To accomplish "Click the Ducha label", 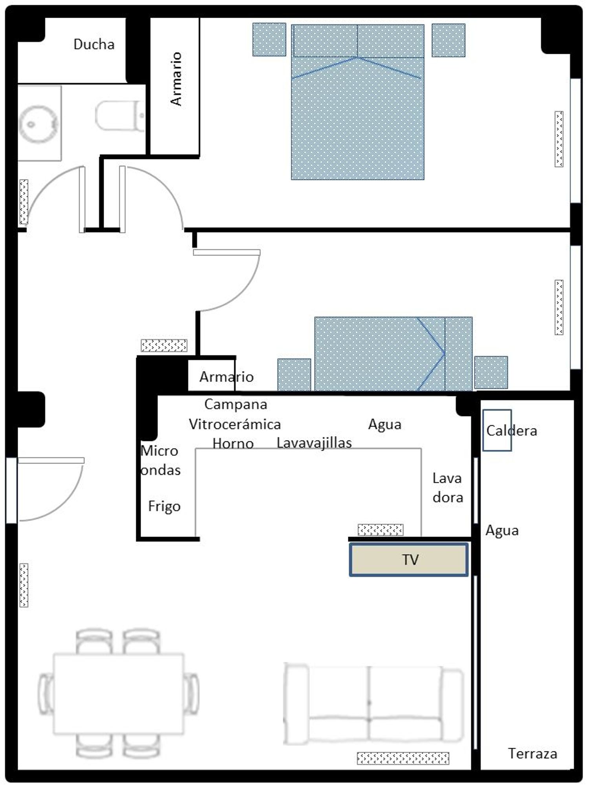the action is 94,44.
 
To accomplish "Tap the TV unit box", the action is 409,559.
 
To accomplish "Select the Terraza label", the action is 532,753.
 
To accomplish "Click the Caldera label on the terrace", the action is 511,431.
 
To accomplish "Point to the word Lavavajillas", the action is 314,443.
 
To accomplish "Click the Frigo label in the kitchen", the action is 164,506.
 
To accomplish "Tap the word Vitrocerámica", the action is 235,424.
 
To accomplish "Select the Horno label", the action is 233,444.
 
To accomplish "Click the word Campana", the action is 236,404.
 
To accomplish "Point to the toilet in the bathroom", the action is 120,115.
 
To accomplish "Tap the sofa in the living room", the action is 373,703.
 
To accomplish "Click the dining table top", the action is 119,694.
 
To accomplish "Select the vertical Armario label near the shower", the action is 176,79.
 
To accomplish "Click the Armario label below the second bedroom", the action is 227,377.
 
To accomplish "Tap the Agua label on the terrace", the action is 502,531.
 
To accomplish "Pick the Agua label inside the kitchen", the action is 385,424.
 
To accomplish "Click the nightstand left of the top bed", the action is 269,39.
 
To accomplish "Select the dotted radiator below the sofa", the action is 403,758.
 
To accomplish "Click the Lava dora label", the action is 448,488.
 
